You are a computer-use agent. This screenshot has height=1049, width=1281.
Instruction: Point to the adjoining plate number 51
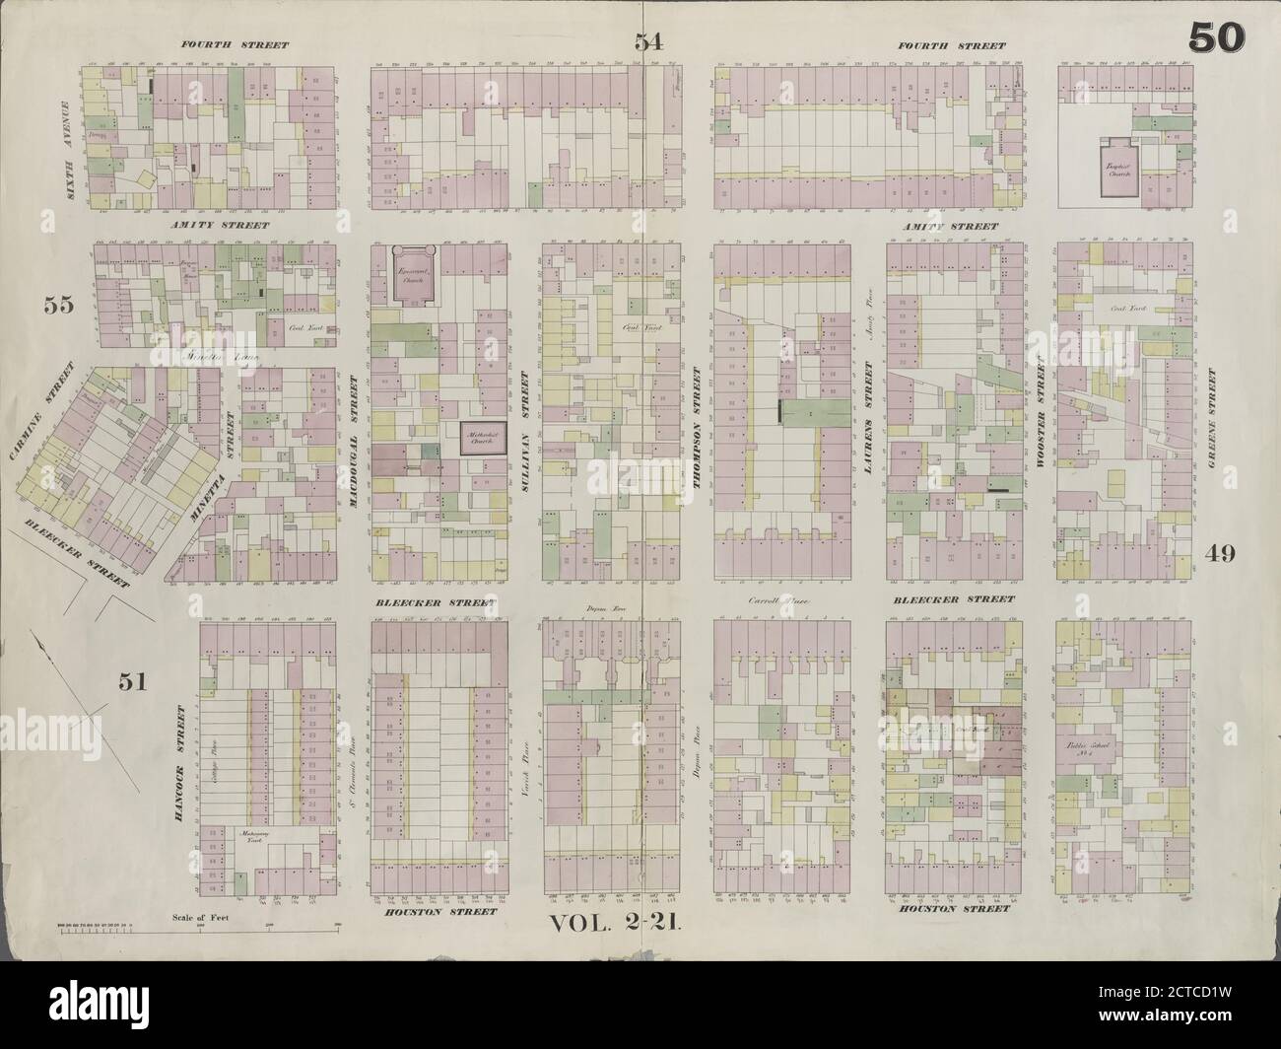click(x=132, y=680)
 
